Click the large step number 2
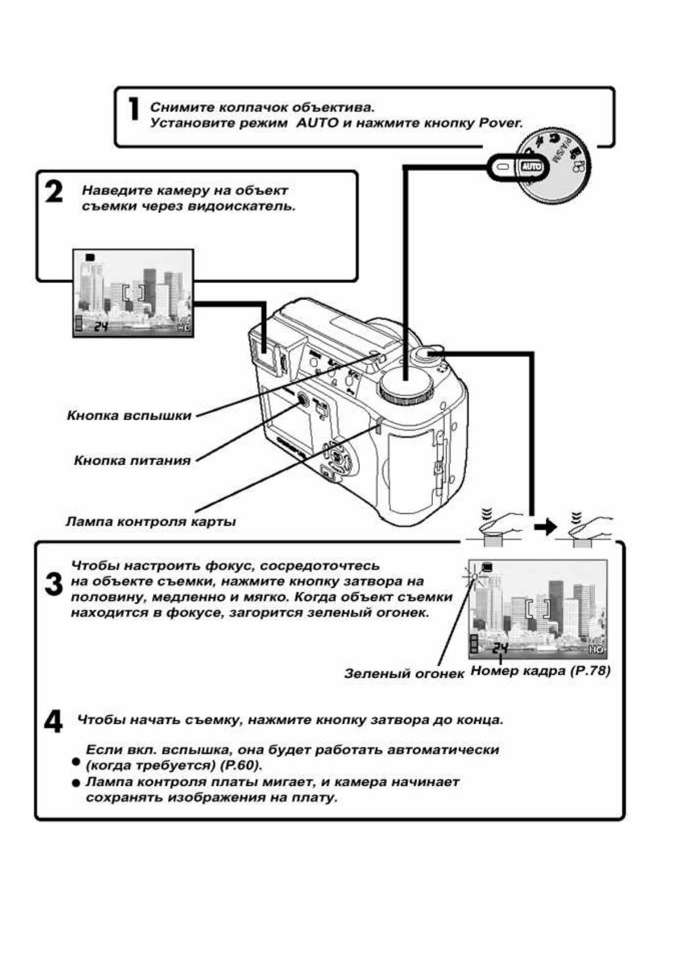click(54, 192)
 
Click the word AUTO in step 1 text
click(317, 123)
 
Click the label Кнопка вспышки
click(129, 416)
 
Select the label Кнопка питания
click(132, 461)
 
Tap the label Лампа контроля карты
click(150, 521)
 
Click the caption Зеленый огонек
click(404, 673)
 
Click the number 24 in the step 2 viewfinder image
click(101, 326)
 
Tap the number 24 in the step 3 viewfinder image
click(500, 647)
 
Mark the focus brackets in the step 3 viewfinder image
click(537, 608)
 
